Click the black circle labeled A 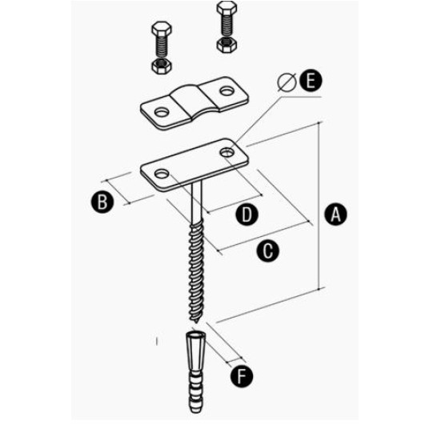tap(335, 214)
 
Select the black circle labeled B tap(102, 202)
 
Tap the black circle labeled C tap(268, 251)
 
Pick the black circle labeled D tap(247, 214)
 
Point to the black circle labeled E tap(311, 81)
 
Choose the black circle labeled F tap(242, 376)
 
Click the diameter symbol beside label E tap(287, 82)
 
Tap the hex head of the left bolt tap(162, 29)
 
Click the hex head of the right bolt tap(227, 9)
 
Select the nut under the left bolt tap(162, 66)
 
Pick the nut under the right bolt tap(227, 45)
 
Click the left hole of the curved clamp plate tap(162, 112)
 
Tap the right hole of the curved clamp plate tap(227, 90)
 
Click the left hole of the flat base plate tap(162, 174)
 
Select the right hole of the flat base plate tap(227, 152)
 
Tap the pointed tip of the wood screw tap(197, 323)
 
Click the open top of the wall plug tap(194, 335)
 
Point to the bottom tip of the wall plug tap(194, 411)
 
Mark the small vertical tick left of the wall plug tap(157, 341)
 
